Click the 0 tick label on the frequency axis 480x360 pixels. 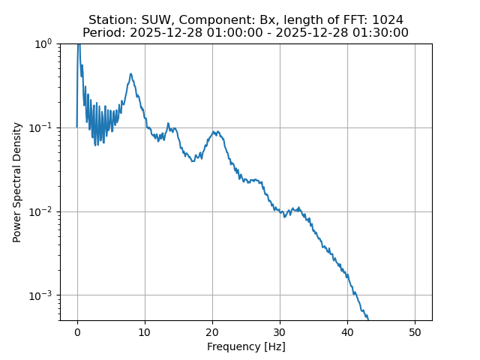[77, 331]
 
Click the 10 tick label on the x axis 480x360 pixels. [145, 331]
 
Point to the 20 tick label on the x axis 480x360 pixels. [212, 331]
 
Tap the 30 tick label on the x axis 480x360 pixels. [280, 331]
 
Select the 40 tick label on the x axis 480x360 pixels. [347, 331]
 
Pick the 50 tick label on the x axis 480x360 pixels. [415, 331]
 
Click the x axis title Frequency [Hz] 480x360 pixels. [246, 346]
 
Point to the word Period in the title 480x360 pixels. [101, 32]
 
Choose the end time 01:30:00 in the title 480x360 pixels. [381, 32]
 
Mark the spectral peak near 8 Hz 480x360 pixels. [130, 73]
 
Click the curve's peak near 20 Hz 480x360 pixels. [214, 132]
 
